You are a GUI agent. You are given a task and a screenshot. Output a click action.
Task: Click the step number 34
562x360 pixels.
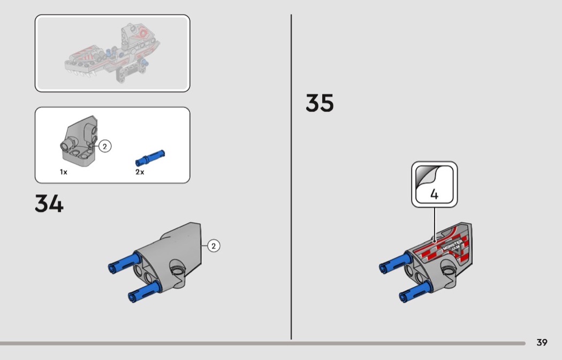pyautogui.click(x=49, y=203)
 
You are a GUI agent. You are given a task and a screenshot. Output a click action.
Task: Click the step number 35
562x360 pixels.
pyautogui.click(x=320, y=103)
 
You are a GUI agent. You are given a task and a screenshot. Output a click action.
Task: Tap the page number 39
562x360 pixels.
pyautogui.click(x=542, y=342)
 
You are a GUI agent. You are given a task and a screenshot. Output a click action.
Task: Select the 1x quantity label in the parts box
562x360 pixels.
pyautogui.click(x=64, y=172)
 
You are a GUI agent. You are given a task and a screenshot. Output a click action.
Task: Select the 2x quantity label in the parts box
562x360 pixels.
pyautogui.click(x=140, y=172)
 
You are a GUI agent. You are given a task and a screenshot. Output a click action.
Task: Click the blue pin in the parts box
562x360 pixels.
pyautogui.click(x=150, y=158)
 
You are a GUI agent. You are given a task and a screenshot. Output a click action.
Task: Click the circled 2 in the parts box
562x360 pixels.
pyautogui.click(x=105, y=146)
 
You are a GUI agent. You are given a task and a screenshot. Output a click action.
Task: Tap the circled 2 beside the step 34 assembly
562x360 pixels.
pyautogui.click(x=214, y=246)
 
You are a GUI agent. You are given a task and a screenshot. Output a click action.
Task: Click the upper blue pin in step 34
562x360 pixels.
pyautogui.click(x=124, y=263)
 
